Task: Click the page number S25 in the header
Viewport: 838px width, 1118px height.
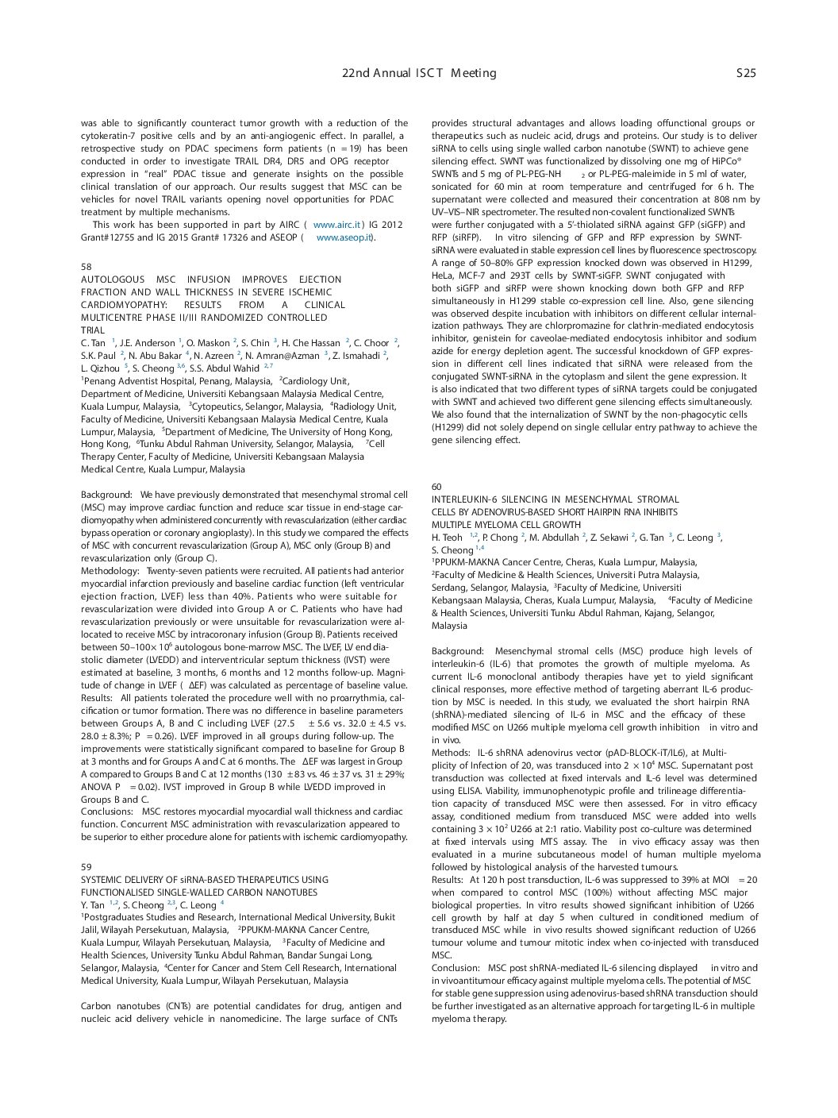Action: (746, 73)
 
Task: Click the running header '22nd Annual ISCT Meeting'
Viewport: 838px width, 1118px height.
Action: (419, 73)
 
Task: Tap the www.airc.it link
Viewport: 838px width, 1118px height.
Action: (337, 225)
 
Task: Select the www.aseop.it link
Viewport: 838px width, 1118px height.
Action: (344, 237)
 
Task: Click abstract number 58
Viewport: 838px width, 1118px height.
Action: (86, 267)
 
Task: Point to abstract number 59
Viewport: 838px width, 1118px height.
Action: (86, 867)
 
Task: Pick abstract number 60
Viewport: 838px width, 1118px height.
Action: (436, 487)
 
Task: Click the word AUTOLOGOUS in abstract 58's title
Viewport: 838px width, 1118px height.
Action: (112, 279)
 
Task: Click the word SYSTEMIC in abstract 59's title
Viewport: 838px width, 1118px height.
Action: (102, 880)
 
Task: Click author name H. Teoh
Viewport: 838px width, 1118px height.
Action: (447, 538)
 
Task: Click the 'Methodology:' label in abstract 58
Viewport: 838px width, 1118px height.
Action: (110, 571)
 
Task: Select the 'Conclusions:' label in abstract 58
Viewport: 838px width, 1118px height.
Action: (108, 812)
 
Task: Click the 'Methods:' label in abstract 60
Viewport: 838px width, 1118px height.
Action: (451, 753)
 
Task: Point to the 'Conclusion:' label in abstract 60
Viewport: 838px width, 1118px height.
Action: (456, 968)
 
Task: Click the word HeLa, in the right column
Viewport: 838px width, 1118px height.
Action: (444, 276)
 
